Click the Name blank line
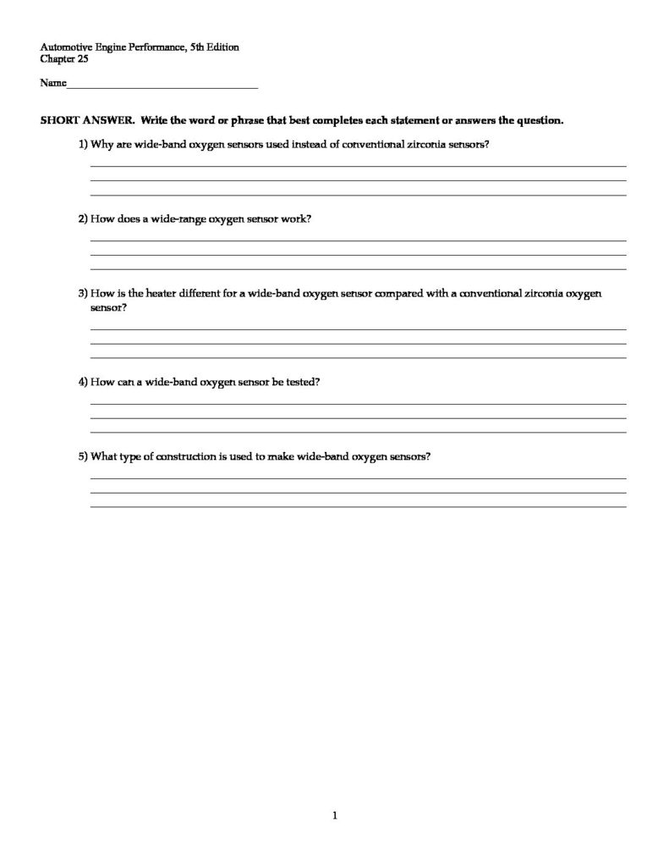pos(161,86)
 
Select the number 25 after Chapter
pos(83,60)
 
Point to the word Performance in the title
pos(162,48)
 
